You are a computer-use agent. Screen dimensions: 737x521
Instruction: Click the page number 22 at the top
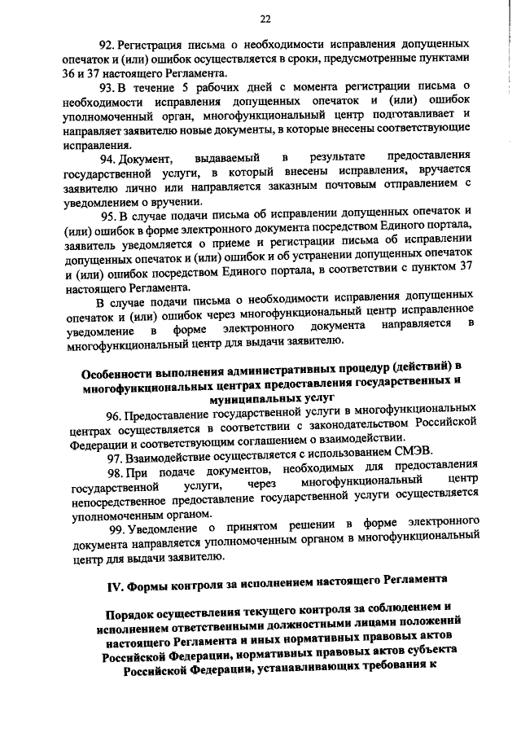click(265, 20)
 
